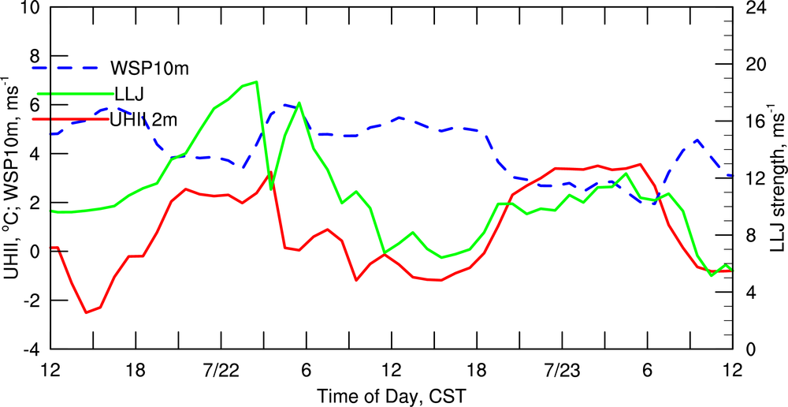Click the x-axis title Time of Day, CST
click(x=391, y=394)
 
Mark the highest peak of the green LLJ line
click(x=256, y=81)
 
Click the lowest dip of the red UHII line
click(x=87, y=312)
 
